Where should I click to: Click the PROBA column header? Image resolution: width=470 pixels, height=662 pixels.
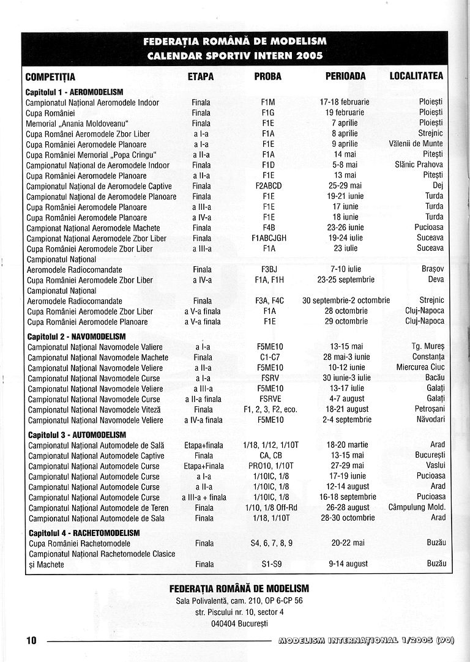coord(268,76)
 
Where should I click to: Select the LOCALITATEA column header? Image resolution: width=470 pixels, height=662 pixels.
coord(416,76)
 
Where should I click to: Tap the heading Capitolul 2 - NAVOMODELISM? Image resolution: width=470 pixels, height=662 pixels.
coord(76,337)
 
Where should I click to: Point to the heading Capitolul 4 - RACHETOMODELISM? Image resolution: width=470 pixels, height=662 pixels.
coord(84,533)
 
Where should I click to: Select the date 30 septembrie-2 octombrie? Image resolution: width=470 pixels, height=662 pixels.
coord(346,301)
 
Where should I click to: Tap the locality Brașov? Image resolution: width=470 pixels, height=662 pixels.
coord(432,269)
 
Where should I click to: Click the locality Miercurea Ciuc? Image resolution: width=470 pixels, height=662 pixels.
coord(420,368)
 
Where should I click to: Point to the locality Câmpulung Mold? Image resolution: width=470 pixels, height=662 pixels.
coord(417,507)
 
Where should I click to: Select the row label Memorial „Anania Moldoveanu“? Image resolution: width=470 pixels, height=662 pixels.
coord(77,123)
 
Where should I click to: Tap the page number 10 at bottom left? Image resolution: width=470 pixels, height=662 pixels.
coord(31,641)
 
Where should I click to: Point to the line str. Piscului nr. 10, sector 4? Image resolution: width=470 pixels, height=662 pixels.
coord(239,612)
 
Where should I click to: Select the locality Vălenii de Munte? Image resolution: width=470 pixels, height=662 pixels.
coord(416,144)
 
